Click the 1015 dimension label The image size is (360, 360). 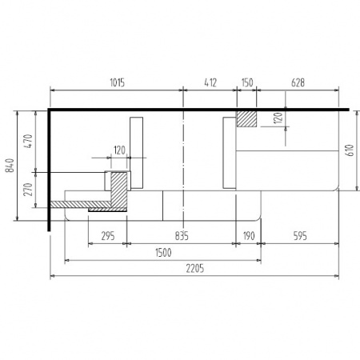(x=118, y=82)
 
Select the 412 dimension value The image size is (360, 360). (x=210, y=82)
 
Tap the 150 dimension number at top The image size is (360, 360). (x=247, y=82)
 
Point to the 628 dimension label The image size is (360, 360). (x=298, y=82)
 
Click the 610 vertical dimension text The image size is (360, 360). (x=350, y=150)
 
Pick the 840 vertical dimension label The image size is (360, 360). (x=10, y=166)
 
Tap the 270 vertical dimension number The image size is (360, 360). (x=28, y=190)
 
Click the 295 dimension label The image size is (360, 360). (x=108, y=236)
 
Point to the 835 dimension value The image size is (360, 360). (x=182, y=236)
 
